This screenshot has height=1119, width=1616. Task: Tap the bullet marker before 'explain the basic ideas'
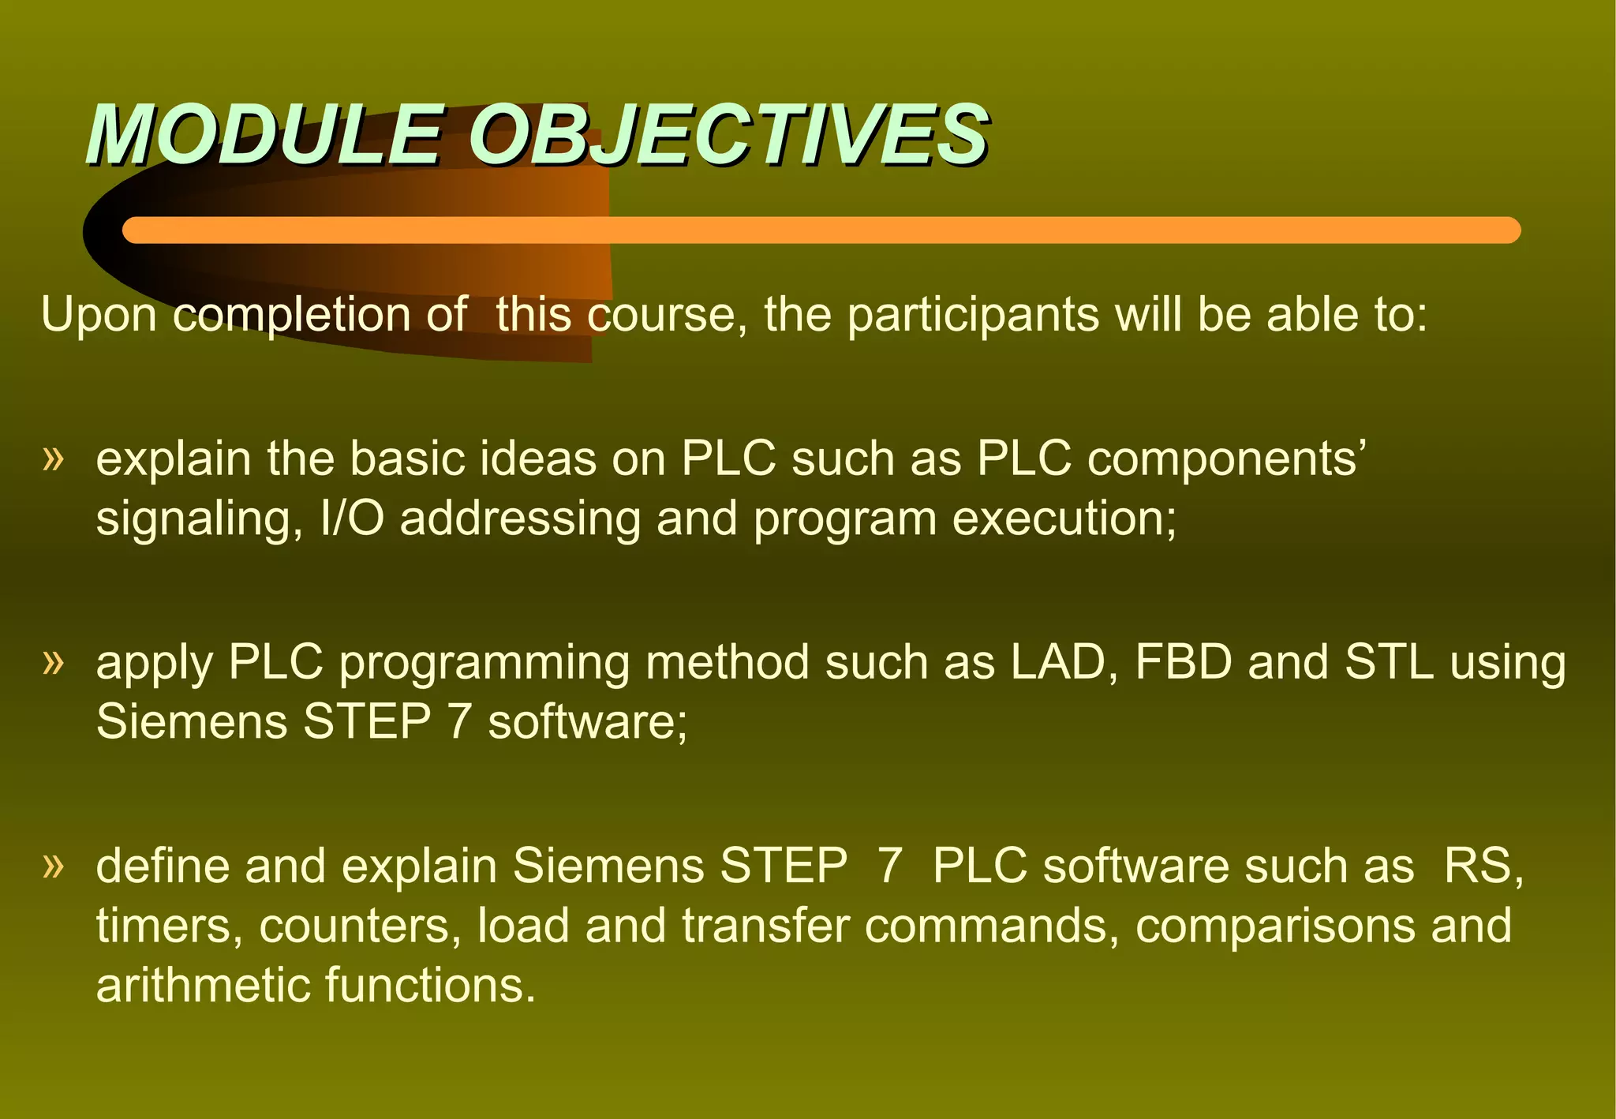(52, 458)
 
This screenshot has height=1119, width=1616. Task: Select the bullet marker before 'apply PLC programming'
(52, 661)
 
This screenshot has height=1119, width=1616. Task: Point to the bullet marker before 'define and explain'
(52, 865)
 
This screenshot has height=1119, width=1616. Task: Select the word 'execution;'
(1064, 518)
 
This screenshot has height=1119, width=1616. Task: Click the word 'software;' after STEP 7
(588, 722)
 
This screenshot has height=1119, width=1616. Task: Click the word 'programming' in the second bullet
(484, 663)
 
